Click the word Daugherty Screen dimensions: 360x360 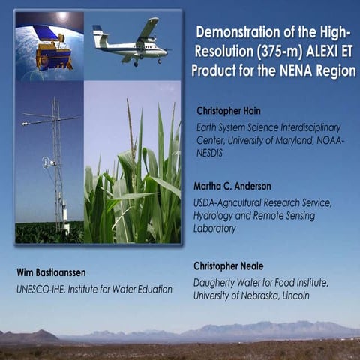(x=217, y=283)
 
